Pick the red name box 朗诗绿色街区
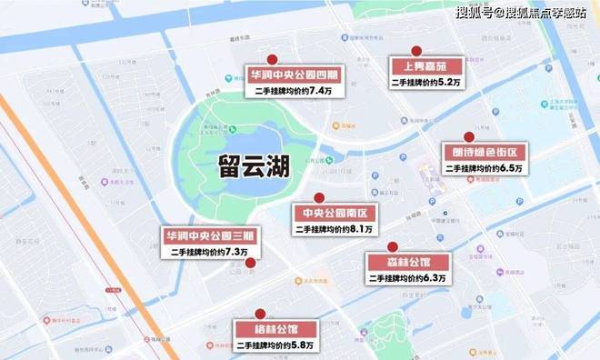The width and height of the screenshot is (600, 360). click(x=482, y=152)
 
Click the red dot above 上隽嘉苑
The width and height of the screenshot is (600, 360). click(x=415, y=51)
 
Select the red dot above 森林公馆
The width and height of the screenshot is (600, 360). click(x=393, y=246)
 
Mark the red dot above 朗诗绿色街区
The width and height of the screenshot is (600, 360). click(x=469, y=137)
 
